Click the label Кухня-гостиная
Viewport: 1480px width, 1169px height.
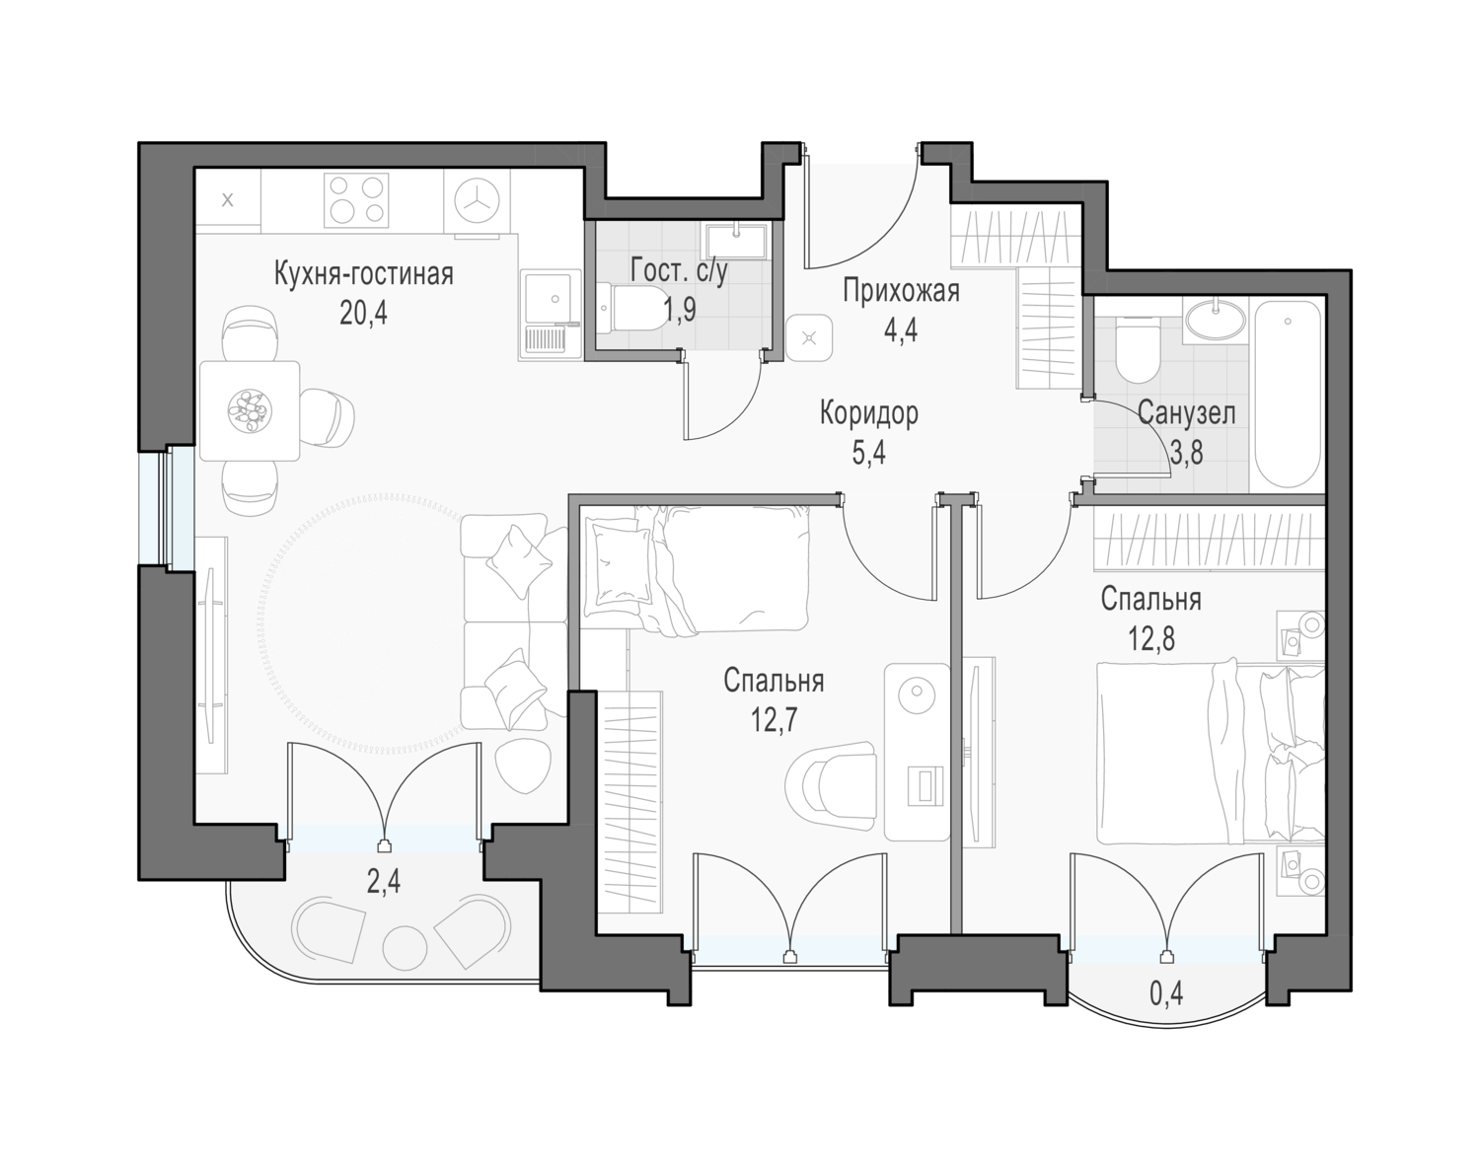(x=364, y=274)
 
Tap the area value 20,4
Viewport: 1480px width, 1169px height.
(x=363, y=313)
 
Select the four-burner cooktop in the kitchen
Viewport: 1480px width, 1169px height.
(x=356, y=200)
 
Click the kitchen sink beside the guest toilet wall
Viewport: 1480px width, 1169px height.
(x=550, y=315)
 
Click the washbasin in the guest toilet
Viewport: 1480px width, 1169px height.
(x=736, y=242)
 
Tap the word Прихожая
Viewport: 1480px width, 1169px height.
(x=901, y=292)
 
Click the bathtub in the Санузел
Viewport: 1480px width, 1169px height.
(x=1288, y=397)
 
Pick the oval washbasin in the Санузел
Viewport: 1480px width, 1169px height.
(x=1216, y=320)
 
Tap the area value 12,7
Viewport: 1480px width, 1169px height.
(x=774, y=721)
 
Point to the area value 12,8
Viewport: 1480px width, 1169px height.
(x=1151, y=639)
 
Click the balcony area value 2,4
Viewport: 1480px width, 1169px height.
(x=384, y=881)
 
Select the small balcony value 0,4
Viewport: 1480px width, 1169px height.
(x=1165, y=993)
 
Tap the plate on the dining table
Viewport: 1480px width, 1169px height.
(x=250, y=410)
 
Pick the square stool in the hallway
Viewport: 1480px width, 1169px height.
(x=810, y=337)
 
